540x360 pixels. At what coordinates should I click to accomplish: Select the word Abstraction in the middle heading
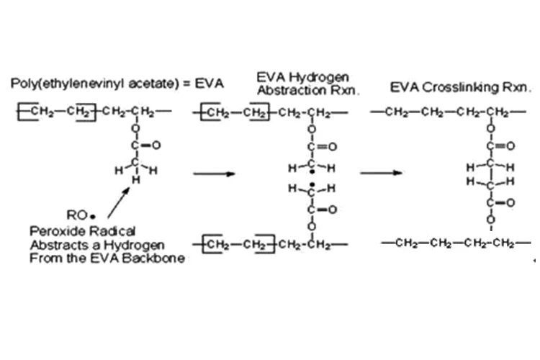292,90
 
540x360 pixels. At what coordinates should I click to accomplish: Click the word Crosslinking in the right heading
460,87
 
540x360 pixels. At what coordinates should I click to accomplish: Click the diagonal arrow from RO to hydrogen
119,203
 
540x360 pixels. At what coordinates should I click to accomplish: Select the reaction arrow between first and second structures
214,174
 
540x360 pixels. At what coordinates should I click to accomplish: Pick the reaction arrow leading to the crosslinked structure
381,173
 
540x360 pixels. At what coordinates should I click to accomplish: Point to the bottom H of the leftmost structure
136,179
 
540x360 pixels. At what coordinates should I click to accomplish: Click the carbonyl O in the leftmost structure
156,145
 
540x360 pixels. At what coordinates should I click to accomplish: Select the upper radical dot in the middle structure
312,172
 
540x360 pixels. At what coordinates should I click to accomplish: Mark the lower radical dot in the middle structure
312,185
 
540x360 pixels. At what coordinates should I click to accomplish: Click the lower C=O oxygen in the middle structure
332,210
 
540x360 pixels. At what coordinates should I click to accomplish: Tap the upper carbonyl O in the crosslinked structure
510,146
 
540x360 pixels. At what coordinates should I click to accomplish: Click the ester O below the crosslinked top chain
491,128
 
